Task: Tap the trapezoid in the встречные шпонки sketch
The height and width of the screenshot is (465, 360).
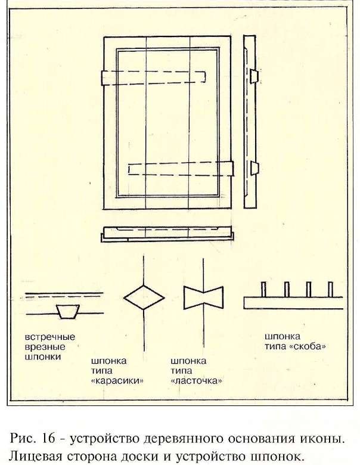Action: pos(68,311)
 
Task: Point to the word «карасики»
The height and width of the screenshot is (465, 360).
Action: pos(117,380)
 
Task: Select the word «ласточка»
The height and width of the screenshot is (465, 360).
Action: pos(196,380)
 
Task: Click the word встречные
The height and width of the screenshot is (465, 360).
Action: pos(50,337)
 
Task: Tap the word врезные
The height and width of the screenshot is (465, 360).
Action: pos(45,347)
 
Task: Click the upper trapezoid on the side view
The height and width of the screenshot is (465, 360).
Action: pos(254,76)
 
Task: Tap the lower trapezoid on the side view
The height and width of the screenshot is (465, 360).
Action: pos(254,168)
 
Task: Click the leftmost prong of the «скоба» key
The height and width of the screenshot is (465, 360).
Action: pos(263,290)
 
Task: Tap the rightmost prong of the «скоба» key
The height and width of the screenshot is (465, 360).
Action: pos(331,290)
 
